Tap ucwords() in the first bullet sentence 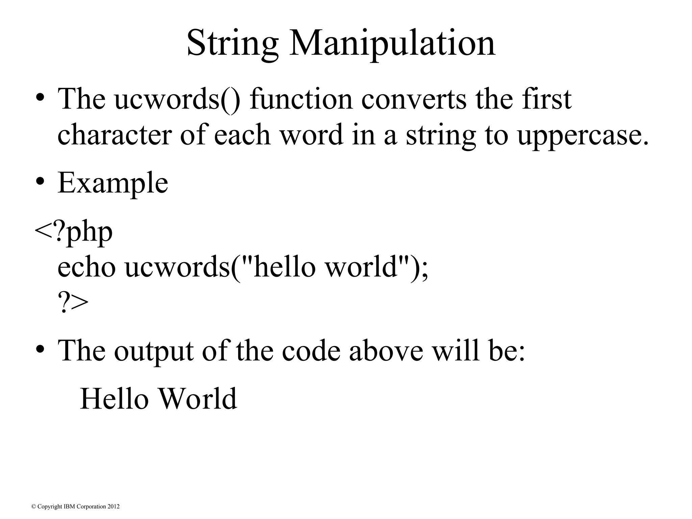(x=177, y=100)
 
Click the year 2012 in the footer (x=113, y=506)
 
